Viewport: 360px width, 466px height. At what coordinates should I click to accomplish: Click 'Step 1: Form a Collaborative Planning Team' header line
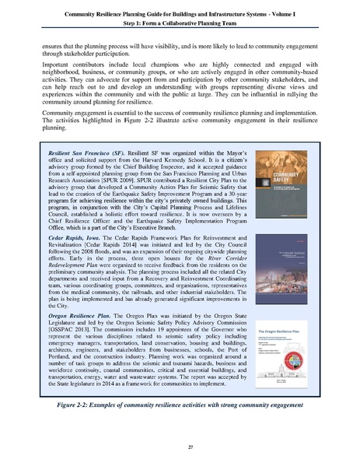[180, 24]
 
